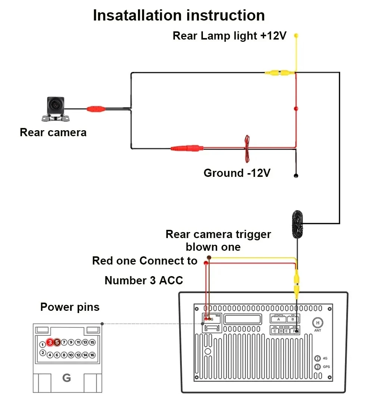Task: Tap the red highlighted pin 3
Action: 50,342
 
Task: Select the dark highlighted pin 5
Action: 57,342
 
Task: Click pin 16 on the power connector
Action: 92,355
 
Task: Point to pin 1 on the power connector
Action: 43,344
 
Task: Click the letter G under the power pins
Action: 66,378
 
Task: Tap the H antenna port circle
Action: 318,322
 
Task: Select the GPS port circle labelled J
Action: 317,367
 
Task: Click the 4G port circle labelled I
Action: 317,358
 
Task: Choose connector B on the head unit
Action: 293,319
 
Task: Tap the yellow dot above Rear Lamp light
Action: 296,36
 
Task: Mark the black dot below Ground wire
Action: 296,175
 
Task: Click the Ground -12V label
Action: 236,173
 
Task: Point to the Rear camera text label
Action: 53,132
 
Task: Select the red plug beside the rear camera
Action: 95,109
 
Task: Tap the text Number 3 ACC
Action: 144,280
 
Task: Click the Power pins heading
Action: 70,307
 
